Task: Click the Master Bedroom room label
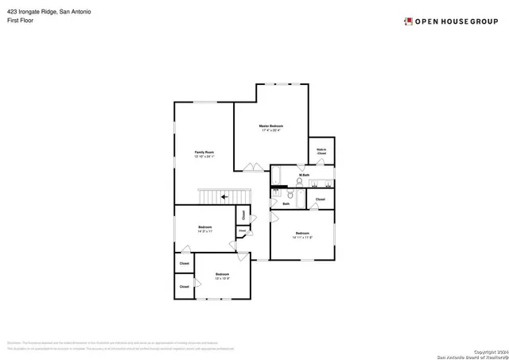(x=271, y=126)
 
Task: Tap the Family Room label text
(x=204, y=152)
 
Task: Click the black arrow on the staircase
(x=225, y=195)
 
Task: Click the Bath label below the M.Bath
(x=286, y=203)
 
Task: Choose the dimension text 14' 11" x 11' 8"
(x=302, y=238)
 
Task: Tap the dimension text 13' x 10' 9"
(x=222, y=278)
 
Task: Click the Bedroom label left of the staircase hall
(x=204, y=227)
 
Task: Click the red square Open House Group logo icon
(x=408, y=21)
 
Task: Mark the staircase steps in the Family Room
(x=215, y=196)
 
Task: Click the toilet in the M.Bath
(x=292, y=193)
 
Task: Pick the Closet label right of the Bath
(x=321, y=199)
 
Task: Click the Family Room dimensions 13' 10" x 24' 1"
(x=204, y=157)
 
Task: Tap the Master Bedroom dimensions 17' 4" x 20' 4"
(x=271, y=131)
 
